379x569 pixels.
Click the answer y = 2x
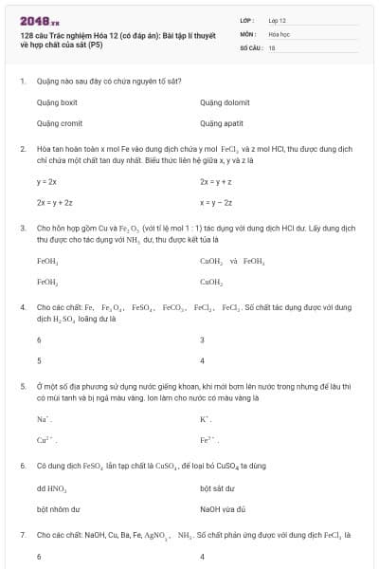coord(46,180)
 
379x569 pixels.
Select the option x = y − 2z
coord(215,202)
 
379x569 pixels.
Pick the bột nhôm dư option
coord(55,509)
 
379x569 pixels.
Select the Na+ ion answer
coord(43,418)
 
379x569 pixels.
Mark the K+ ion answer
coord(205,418)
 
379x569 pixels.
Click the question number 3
coord(22,229)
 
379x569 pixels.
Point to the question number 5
coord(22,387)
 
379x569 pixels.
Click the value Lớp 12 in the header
coord(276,19)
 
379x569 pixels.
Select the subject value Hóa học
coord(279,32)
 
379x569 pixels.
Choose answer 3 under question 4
coord(203,340)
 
